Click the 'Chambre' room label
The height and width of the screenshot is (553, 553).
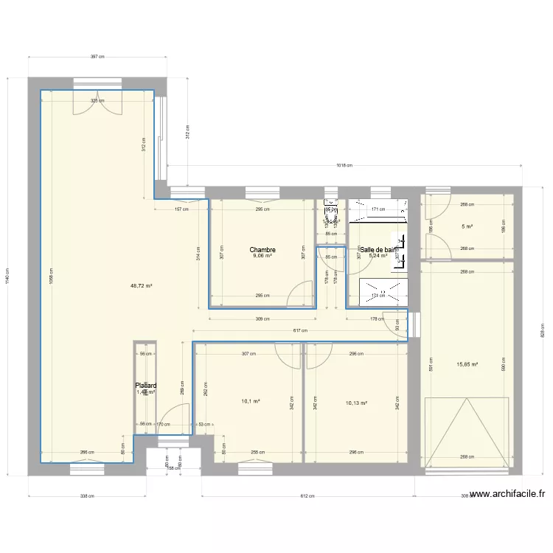(262, 250)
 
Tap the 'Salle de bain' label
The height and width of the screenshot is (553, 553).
(379, 250)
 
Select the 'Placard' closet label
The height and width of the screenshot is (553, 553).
(145, 385)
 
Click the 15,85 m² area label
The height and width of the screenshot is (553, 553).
(467, 364)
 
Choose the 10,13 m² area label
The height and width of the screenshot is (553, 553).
(356, 403)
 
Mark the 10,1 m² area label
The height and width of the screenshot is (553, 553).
(250, 402)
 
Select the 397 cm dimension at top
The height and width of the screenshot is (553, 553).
(97, 56)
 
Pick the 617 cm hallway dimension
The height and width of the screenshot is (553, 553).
(300, 331)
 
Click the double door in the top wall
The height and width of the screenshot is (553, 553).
(97, 103)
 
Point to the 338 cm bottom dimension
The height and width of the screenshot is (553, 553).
(87, 496)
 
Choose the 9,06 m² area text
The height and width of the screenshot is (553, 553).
(262, 257)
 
